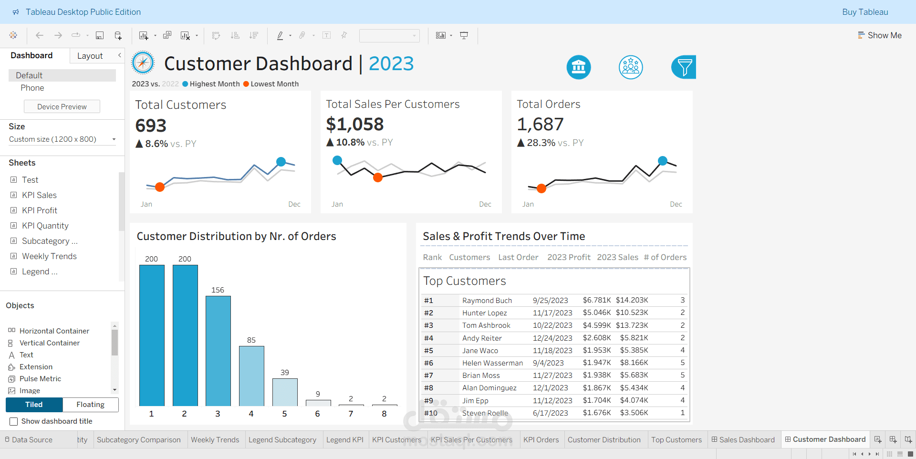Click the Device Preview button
tap(62, 106)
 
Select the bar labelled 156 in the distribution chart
tap(218, 351)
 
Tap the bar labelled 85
tap(251, 376)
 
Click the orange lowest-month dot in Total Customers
tap(160, 187)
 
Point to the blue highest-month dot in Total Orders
tap(663, 161)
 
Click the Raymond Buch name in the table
tap(487, 301)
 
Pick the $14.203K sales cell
tap(632, 300)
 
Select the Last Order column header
tap(518, 257)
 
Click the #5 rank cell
tap(429, 351)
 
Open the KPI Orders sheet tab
tap(541, 439)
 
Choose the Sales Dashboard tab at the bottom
tap(746, 439)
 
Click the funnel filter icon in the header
tap(684, 67)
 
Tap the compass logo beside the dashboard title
tap(143, 63)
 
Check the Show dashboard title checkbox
tap(14, 421)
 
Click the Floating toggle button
tap(90, 405)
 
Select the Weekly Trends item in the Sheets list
tap(49, 256)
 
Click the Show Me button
tap(880, 35)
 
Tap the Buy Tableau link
tap(865, 12)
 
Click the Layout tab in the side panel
tap(90, 56)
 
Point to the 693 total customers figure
tap(151, 125)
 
